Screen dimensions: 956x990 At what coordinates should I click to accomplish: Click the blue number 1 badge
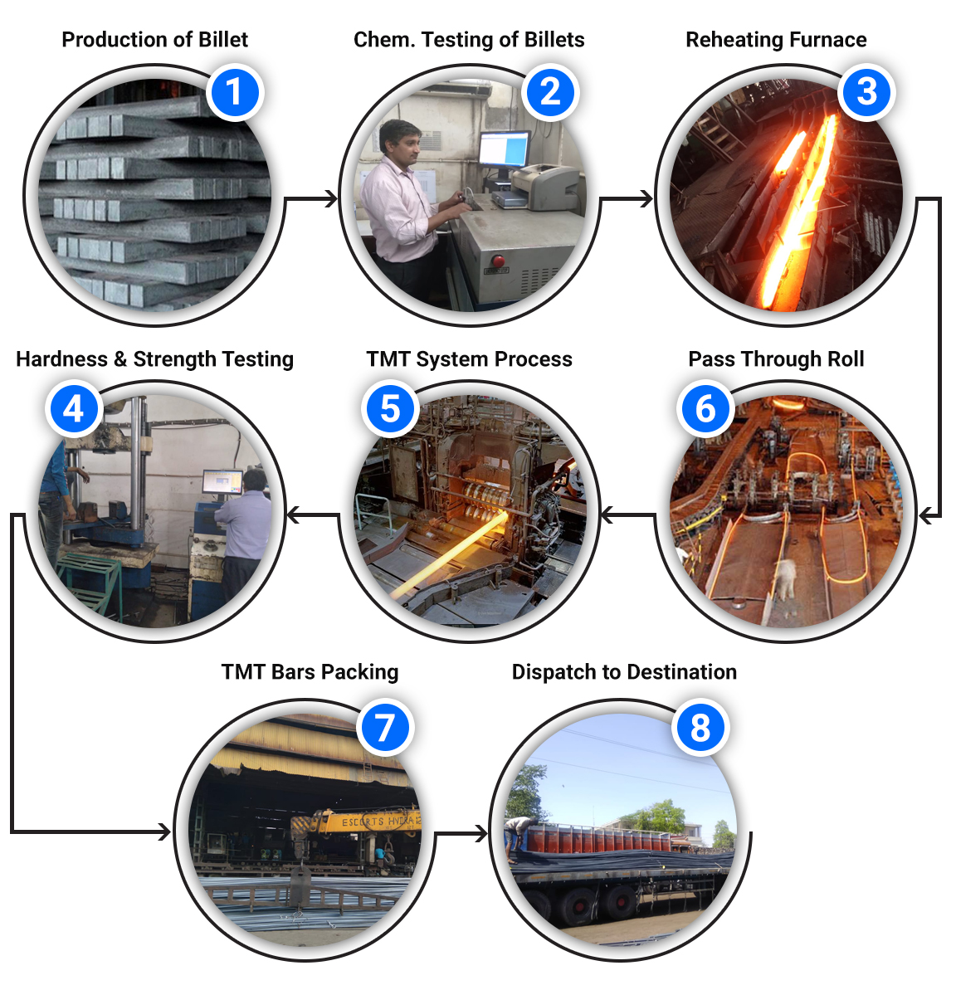234,92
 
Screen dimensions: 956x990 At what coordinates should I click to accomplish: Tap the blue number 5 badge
390,408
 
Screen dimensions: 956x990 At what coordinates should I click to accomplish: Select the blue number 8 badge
700,727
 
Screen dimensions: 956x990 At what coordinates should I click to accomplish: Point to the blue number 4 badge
74,408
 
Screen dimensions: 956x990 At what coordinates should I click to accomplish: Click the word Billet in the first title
223,39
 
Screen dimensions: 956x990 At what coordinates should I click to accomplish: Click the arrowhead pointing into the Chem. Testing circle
331,199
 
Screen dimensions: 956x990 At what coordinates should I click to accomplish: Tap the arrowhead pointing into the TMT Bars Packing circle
163,832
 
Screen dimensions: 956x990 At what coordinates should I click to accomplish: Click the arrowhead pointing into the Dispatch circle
480,833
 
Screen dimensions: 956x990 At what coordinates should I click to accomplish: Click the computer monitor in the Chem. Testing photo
504,149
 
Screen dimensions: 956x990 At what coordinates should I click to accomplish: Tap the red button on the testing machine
498,260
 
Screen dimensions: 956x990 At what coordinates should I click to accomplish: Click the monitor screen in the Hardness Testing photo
222,482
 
